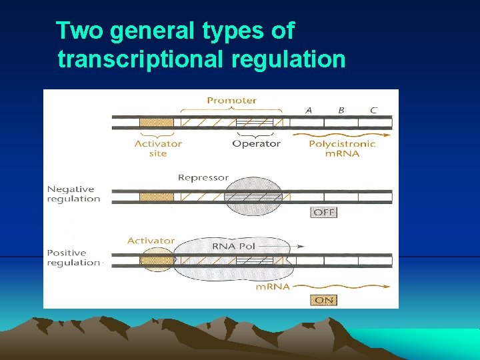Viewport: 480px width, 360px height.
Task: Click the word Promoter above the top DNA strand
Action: pyautogui.click(x=231, y=101)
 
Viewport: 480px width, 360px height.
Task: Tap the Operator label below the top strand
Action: pyautogui.click(x=256, y=143)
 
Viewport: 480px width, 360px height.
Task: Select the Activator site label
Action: pyautogui.click(x=157, y=148)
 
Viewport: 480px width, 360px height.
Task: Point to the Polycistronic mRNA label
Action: pyautogui.click(x=343, y=148)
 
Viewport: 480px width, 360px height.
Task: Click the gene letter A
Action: pyautogui.click(x=309, y=110)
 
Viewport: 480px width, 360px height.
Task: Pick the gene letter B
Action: pyautogui.click(x=341, y=110)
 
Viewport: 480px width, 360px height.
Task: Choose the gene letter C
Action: pyautogui.click(x=373, y=110)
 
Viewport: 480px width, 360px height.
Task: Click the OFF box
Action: pyautogui.click(x=324, y=213)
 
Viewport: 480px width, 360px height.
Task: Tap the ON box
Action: pyautogui.click(x=324, y=300)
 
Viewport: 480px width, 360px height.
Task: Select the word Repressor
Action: pyautogui.click(x=203, y=178)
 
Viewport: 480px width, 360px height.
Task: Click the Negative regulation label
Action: pyautogui.click(x=73, y=194)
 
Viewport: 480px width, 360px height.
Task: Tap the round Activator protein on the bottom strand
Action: pyautogui.click(x=157, y=259)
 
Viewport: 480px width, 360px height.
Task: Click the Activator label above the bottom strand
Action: pyautogui.click(x=151, y=240)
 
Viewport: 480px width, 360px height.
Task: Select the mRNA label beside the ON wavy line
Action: pyautogui.click(x=273, y=287)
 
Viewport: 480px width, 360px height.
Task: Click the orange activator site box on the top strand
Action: pyautogui.click(x=156, y=123)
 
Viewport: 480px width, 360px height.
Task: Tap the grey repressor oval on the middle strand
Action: pyautogui.click(x=253, y=197)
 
